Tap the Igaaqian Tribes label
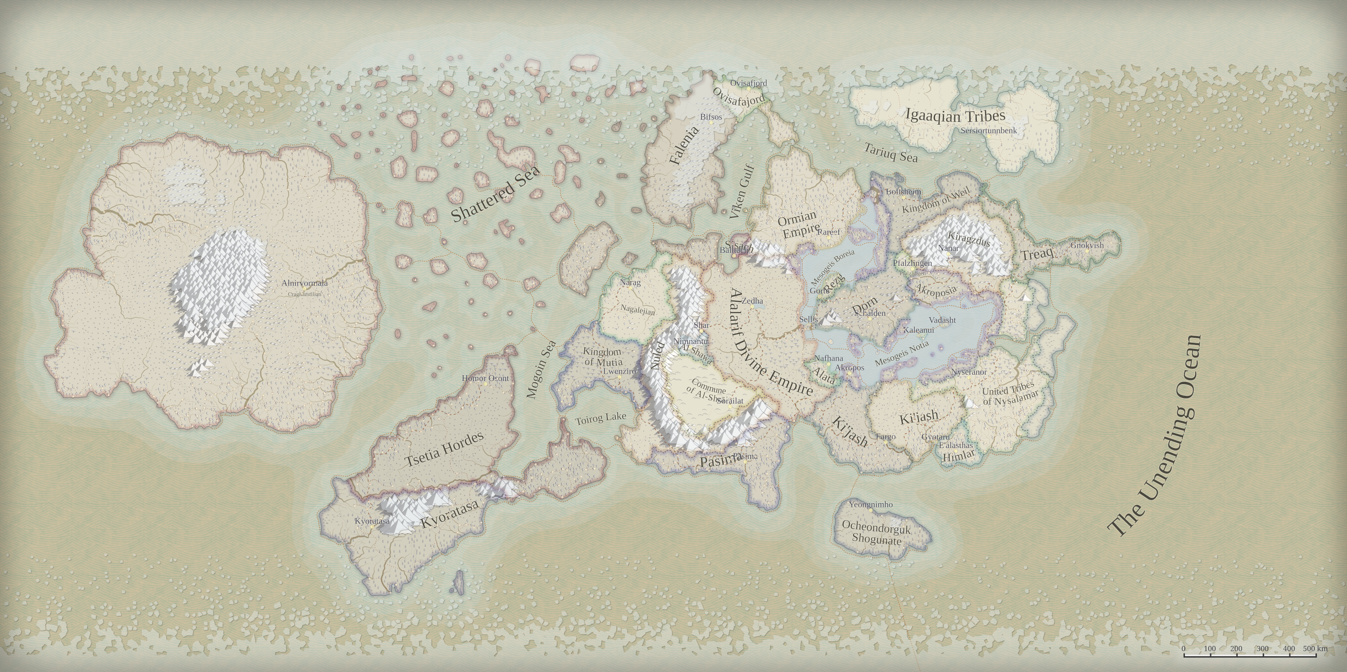click(955, 116)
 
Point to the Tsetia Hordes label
click(444, 449)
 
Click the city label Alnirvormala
click(304, 283)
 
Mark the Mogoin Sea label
click(541, 369)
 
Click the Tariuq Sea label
click(890, 152)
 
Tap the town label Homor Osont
click(485, 378)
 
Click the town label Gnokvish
click(1087, 245)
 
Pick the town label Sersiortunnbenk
click(988, 130)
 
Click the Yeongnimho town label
click(871, 505)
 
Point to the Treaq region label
click(1036, 255)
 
